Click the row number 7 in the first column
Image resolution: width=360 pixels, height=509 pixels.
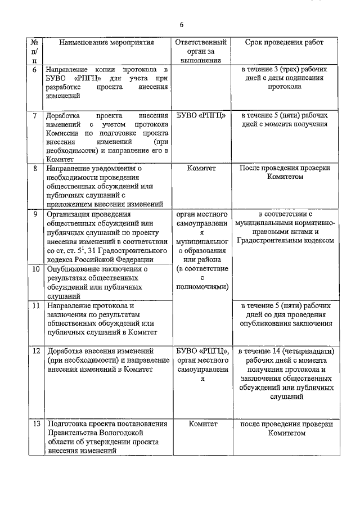35,115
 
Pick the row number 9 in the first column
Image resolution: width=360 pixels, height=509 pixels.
35,214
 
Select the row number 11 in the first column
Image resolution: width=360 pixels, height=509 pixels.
35,305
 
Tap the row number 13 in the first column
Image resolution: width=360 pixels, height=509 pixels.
35,424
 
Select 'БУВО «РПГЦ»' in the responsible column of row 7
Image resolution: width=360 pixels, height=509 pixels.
201,115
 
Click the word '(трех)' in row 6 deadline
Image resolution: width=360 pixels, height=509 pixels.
278,69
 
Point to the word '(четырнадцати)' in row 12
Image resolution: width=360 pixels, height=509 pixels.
307,352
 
